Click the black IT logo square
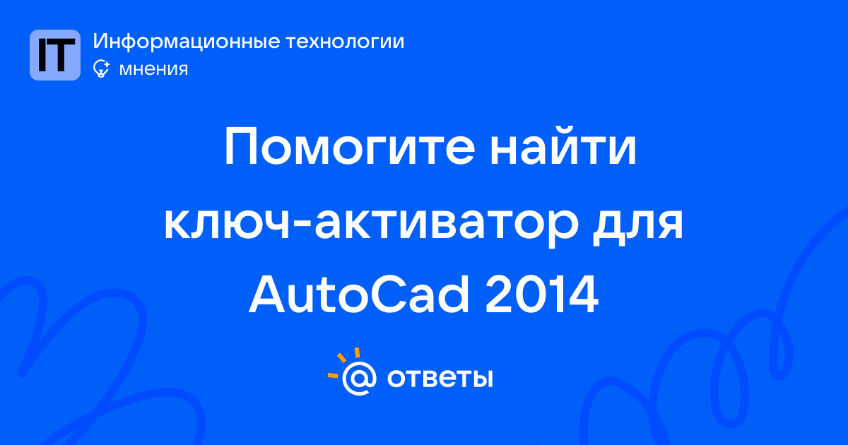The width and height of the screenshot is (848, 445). tap(55, 55)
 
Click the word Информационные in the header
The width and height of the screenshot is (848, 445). tap(187, 41)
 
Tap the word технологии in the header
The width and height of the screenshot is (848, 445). tap(346, 41)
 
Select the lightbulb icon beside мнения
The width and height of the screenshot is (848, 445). tap(102, 69)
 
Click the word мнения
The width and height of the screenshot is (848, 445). tap(153, 69)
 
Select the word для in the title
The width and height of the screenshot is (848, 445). tap(638, 224)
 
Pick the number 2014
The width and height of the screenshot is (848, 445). tap(542, 295)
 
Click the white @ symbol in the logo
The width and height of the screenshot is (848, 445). tap(359, 378)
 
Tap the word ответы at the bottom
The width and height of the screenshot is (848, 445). tap(440, 378)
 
